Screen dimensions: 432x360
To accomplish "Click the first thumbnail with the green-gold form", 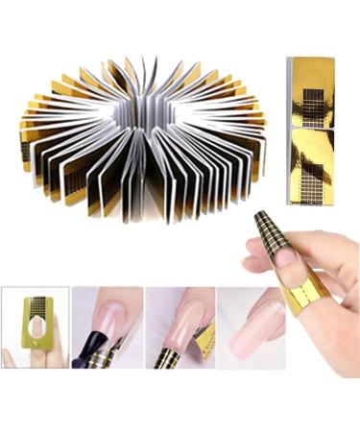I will point(36,327).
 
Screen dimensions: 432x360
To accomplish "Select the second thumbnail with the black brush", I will point(108,327).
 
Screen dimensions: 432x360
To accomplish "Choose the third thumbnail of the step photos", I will point(180,327).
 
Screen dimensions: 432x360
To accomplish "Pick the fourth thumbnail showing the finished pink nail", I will point(252,327).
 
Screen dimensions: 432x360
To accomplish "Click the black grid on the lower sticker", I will point(312,173).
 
